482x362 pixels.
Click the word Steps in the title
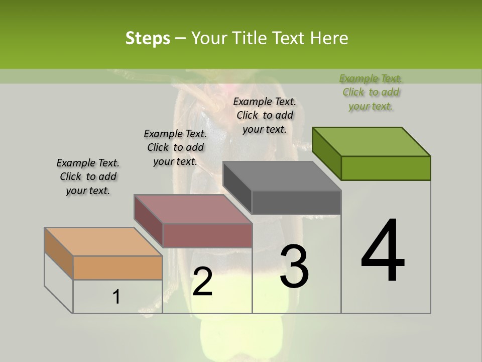[x=148, y=38]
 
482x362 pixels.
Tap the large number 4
[x=383, y=251]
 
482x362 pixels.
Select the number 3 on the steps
[x=294, y=266]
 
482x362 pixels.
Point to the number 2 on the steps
[x=202, y=282]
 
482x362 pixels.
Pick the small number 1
[x=116, y=297]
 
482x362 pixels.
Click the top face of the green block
[x=371, y=141]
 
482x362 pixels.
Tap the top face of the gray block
[x=282, y=176]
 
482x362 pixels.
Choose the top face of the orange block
[x=103, y=242]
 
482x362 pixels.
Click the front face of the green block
[x=386, y=168]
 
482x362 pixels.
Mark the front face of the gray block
[x=296, y=203]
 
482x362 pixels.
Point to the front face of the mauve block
[x=207, y=235]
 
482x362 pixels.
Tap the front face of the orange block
[x=117, y=267]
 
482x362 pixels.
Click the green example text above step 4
[x=371, y=93]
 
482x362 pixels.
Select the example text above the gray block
[x=265, y=115]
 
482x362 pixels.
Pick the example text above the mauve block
[x=175, y=147]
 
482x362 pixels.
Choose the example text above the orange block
[x=88, y=176]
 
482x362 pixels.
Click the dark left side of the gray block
[x=237, y=188]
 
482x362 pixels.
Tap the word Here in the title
[x=330, y=38]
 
